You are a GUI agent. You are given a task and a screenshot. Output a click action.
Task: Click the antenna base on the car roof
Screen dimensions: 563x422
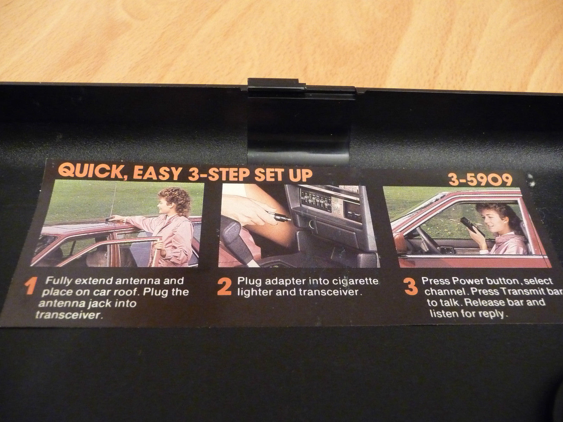click(x=111, y=218)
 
